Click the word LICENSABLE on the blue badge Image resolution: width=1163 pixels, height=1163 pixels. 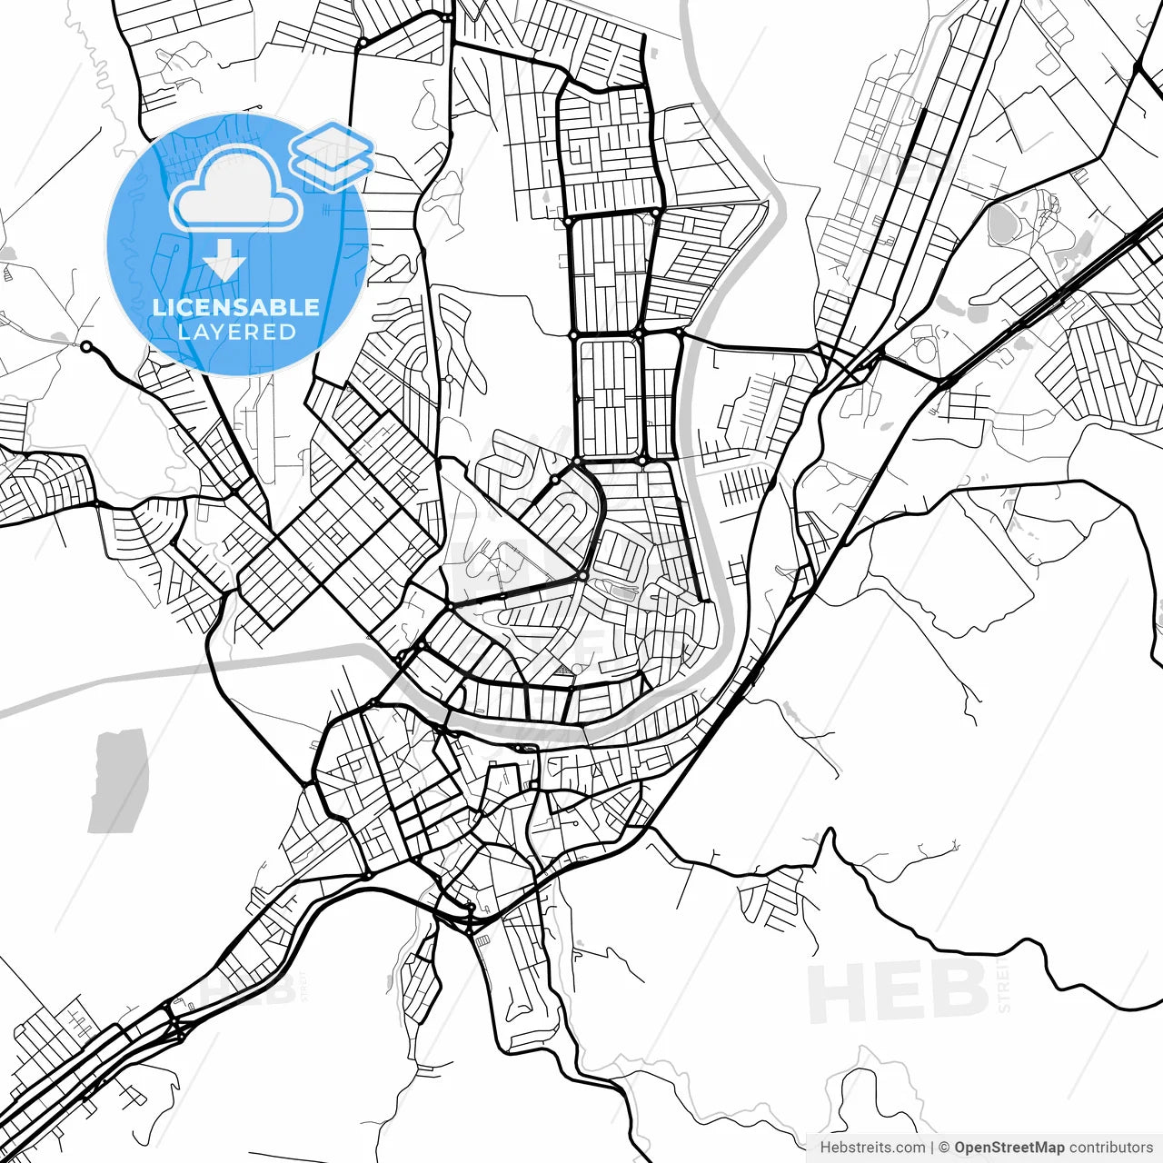(236, 307)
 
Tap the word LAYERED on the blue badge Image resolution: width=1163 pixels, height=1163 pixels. (236, 332)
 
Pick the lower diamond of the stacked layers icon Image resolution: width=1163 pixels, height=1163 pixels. (333, 169)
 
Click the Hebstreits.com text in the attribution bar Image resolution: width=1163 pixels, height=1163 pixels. (872, 1148)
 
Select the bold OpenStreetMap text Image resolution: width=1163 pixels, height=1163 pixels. (1009, 1148)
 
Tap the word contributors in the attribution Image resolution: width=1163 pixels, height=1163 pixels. (1110, 1148)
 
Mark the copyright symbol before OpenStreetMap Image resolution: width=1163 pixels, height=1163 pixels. (944, 1148)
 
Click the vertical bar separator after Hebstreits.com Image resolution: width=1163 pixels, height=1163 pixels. (933, 1148)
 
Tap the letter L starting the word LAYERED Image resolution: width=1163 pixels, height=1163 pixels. (184, 332)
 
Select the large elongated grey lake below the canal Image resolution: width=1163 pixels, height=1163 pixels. (119, 780)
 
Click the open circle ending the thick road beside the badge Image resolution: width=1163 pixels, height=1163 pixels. (86, 346)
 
